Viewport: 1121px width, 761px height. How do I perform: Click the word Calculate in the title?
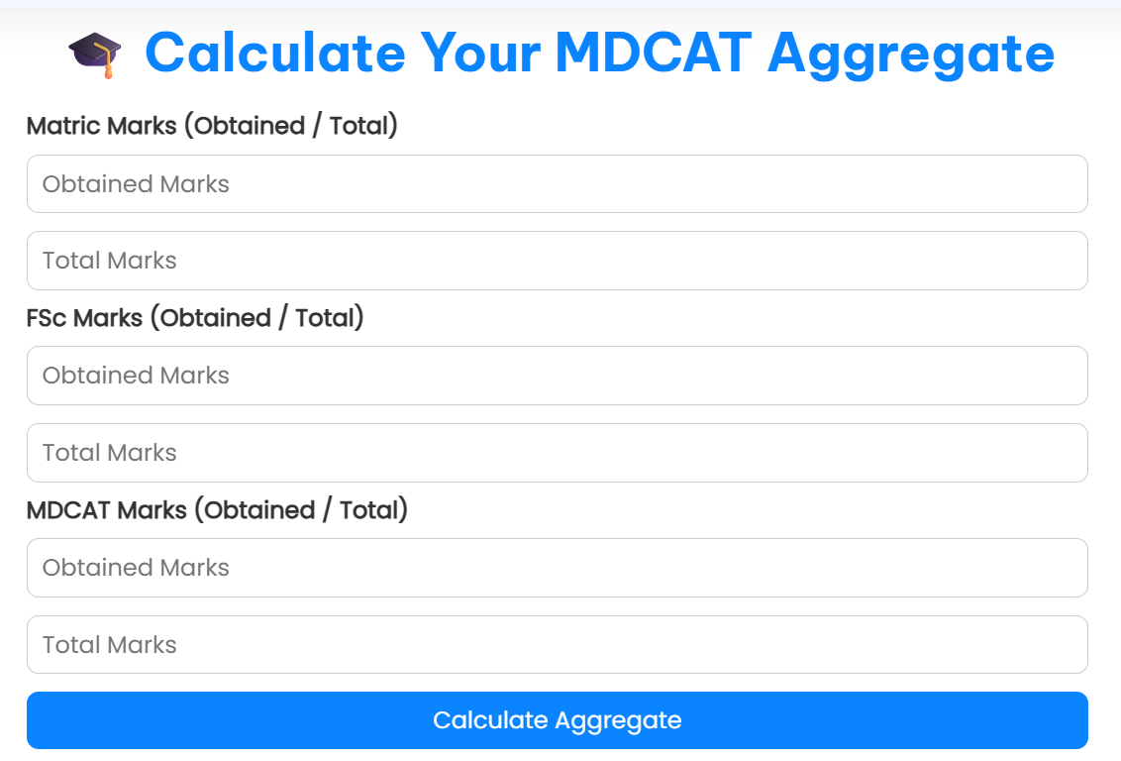pyautogui.click(x=274, y=53)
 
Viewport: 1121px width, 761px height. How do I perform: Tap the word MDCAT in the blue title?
pyautogui.click(x=654, y=53)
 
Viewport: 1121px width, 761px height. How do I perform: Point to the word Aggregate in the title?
pyautogui.click(x=911, y=53)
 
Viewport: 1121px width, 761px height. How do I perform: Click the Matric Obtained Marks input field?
pyautogui.click(x=557, y=183)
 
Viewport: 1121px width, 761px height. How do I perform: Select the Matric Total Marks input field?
pyautogui.click(x=557, y=261)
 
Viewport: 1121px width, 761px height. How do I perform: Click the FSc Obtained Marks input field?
pyautogui.click(x=557, y=376)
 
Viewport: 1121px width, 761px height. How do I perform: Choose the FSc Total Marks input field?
pyautogui.click(x=557, y=453)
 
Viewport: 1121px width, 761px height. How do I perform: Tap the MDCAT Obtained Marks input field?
pyautogui.click(x=557, y=568)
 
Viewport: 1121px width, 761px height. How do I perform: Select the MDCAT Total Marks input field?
pyautogui.click(x=557, y=644)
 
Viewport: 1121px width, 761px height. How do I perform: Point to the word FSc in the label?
pyautogui.click(x=47, y=318)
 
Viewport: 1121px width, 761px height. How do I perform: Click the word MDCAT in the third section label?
pyautogui.click(x=68, y=510)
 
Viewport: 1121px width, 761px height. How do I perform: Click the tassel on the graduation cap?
pyautogui.click(x=110, y=68)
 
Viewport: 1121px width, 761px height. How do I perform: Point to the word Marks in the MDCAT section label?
pyautogui.click(x=152, y=510)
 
